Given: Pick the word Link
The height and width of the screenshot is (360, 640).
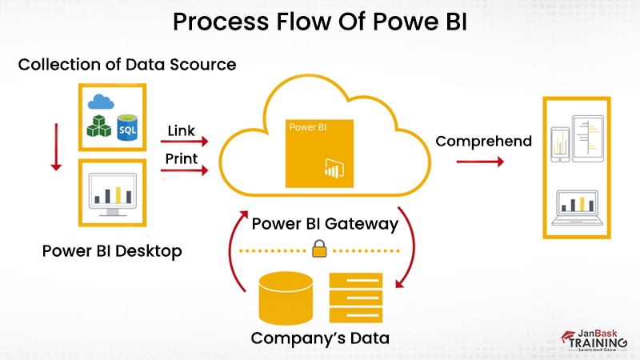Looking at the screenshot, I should point(182,129).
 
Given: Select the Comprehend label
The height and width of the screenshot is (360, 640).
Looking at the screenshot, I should point(483,142).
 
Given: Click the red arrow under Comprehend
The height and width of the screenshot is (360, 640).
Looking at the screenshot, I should point(480,162).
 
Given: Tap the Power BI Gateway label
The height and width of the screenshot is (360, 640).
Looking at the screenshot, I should point(325,224).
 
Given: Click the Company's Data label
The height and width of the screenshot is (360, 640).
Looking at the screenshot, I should point(320,338).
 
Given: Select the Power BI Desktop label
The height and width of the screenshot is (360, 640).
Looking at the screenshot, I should point(112,251).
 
